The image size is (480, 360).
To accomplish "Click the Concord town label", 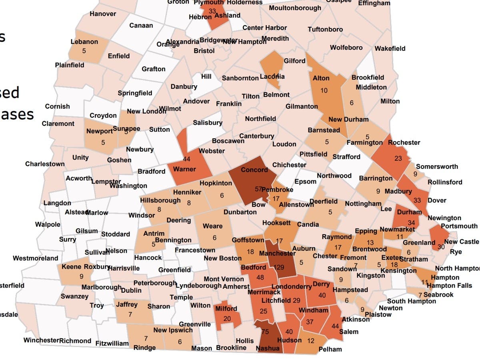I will click(254, 170).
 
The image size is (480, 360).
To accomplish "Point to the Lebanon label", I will click(84, 42).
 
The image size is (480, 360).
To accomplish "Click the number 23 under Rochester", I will click(398, 158).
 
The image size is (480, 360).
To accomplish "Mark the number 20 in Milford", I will click(227, 319).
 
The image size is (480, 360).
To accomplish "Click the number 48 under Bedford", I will click(260, 277).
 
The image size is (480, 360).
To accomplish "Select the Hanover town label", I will click(103, 14).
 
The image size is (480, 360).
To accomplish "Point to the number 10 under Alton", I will click(324, 90).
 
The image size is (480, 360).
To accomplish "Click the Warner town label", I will click(184, 169).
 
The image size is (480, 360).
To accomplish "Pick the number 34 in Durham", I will click(411, 222).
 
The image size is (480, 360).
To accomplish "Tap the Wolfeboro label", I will click(346, 48).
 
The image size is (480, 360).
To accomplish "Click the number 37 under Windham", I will click(310, 322).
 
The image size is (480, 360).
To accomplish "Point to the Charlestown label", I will click(45, 164).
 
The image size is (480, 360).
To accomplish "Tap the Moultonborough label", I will click(295, 8).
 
